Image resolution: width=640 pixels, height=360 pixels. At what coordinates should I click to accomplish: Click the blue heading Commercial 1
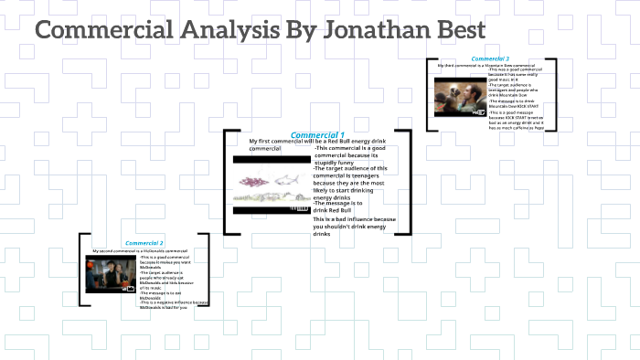coord(317,134)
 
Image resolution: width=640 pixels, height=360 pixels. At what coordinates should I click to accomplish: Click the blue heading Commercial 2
coord(144,243)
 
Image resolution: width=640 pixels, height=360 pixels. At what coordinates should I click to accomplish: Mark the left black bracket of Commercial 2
coord(81,270)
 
